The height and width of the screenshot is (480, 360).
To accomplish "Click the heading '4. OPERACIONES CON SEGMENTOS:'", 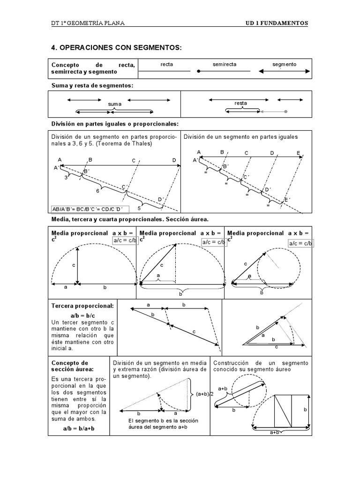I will point(115,48).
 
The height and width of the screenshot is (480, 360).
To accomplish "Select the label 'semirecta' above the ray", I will point(225,64).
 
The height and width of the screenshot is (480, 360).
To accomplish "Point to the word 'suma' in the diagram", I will point(114,104).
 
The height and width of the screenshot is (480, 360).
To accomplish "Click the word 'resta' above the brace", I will point(240,103).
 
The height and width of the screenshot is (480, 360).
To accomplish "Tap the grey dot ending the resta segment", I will point(286,112).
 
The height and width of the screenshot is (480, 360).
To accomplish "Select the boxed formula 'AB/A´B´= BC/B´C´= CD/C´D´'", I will point(89,209).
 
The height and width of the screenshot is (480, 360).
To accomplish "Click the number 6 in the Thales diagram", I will point(98,191).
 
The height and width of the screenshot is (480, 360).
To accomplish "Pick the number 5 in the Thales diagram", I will point(139,208).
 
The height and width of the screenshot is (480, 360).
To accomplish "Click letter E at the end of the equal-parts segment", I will point(299,153).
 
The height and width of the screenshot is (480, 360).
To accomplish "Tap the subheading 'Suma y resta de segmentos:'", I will point(92,85).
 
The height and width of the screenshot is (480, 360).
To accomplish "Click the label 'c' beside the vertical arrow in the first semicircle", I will point(74,265).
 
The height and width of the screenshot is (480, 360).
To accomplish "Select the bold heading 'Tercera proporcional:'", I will point(82,306).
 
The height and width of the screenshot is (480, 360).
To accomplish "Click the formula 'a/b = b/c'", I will point(82,316).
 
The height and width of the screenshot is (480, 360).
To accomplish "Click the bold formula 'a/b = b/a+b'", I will point(79,429).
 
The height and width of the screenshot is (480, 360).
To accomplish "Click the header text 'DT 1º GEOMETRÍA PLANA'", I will point(88,23).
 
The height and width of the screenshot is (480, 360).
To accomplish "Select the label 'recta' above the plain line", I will point(166,64).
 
